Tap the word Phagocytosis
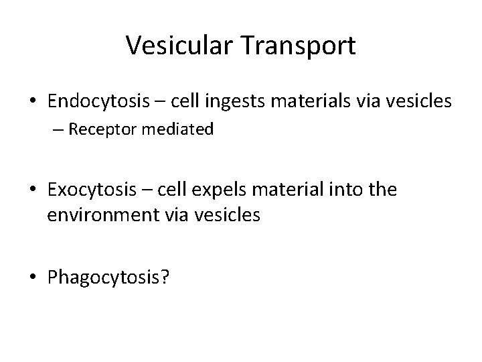tap(102, 277)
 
